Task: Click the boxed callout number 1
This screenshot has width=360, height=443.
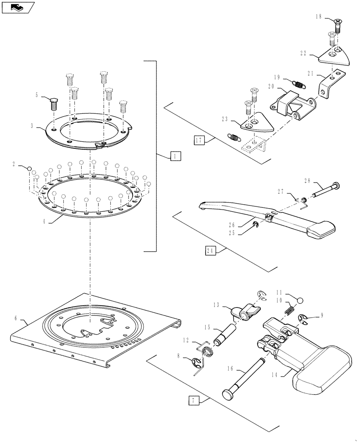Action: pos(175,156)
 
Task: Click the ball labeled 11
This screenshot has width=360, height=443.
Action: pos(300,301)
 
